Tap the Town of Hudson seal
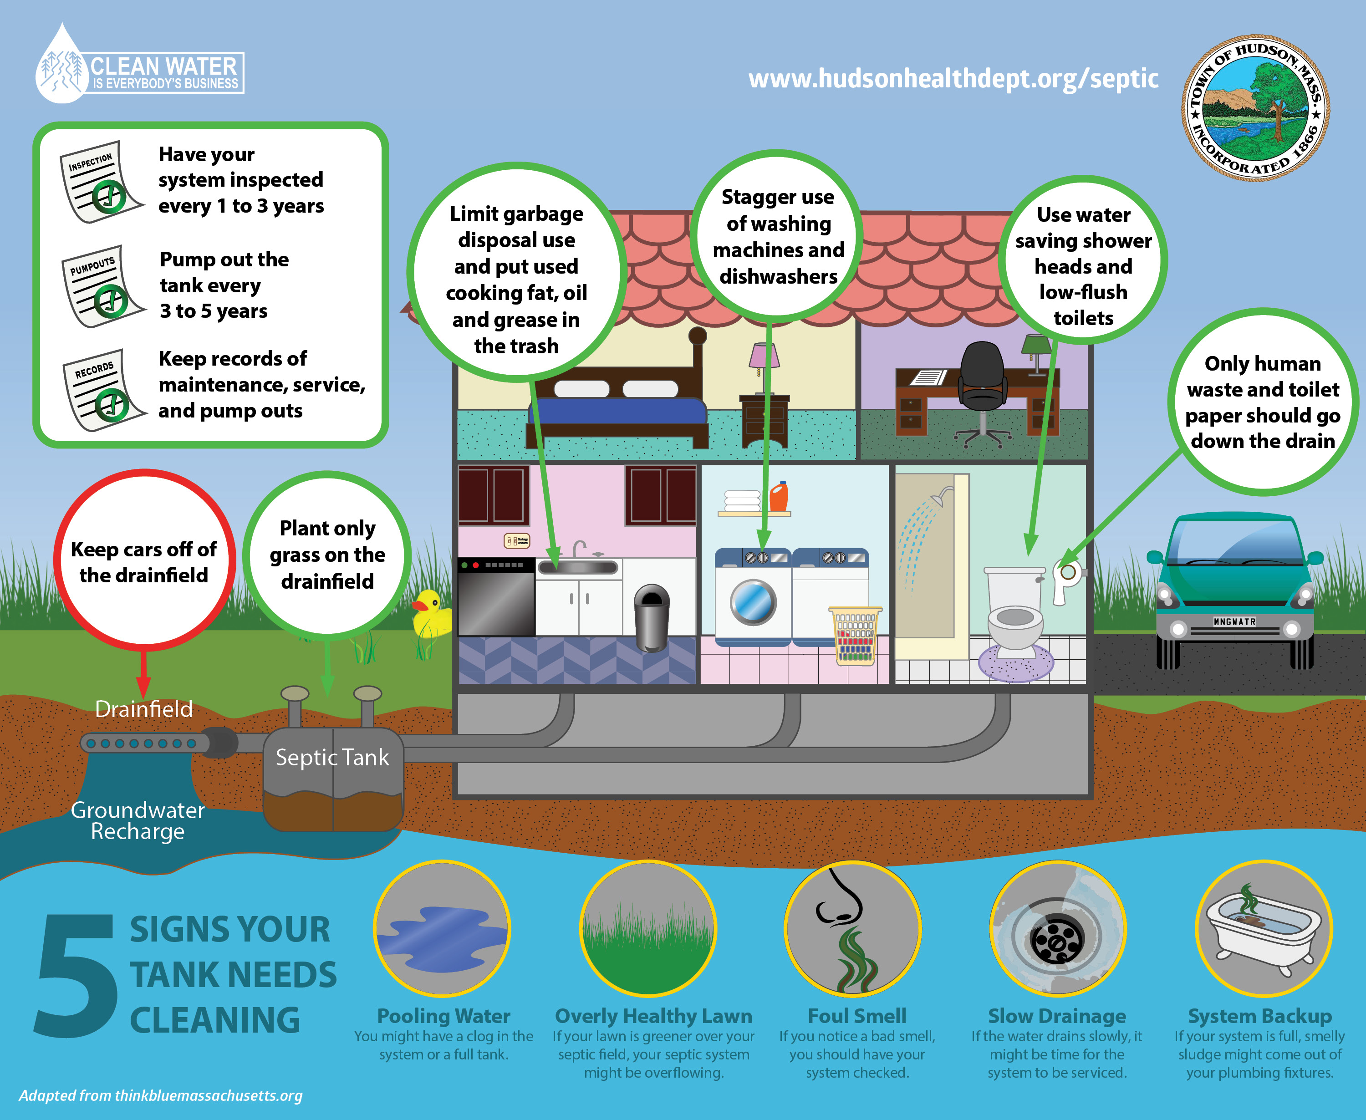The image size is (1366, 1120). tap(1255, 108)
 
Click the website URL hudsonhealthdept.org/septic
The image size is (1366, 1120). tap(953, 79)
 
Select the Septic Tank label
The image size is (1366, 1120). tap(332, 757)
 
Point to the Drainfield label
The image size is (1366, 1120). tap(143, 709)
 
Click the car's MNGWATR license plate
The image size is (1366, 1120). tap(1234, 622)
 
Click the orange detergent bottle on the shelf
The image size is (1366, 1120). tap(779, 497)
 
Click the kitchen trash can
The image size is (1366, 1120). tap(652, 617)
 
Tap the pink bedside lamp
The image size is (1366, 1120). tap(763, 358)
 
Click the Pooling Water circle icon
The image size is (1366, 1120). tap(443, 929)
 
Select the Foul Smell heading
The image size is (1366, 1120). tap(857, 1016)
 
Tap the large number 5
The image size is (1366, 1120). tap(76, 975)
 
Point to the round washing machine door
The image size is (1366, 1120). tap(752, 602)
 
